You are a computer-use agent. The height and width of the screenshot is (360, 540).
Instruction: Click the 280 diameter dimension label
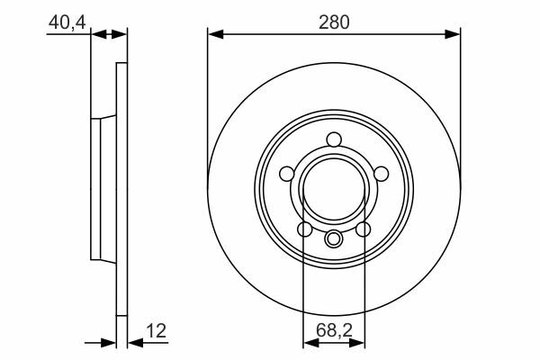click(x=334, y=22)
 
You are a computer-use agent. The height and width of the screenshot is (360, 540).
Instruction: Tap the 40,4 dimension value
click(x=67, y=22)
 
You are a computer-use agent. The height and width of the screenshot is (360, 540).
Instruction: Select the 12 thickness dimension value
click(x=157, y=330)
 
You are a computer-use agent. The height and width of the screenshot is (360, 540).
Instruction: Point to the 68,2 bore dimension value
click(x=334, y=330)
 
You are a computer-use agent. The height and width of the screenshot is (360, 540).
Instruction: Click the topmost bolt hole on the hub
click(x=334, y=139)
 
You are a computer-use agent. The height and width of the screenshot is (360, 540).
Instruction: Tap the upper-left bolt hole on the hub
click(x=287, y=174)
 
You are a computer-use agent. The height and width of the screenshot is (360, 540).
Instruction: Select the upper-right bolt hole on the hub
click(x=381, y=174)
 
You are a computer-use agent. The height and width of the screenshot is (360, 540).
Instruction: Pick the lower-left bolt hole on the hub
click(x=304, y=229)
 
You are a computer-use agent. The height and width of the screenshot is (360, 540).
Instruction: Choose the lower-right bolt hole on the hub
click(x=363, y=229)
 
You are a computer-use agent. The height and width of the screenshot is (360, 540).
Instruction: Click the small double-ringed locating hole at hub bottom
click(x=334, y=238)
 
